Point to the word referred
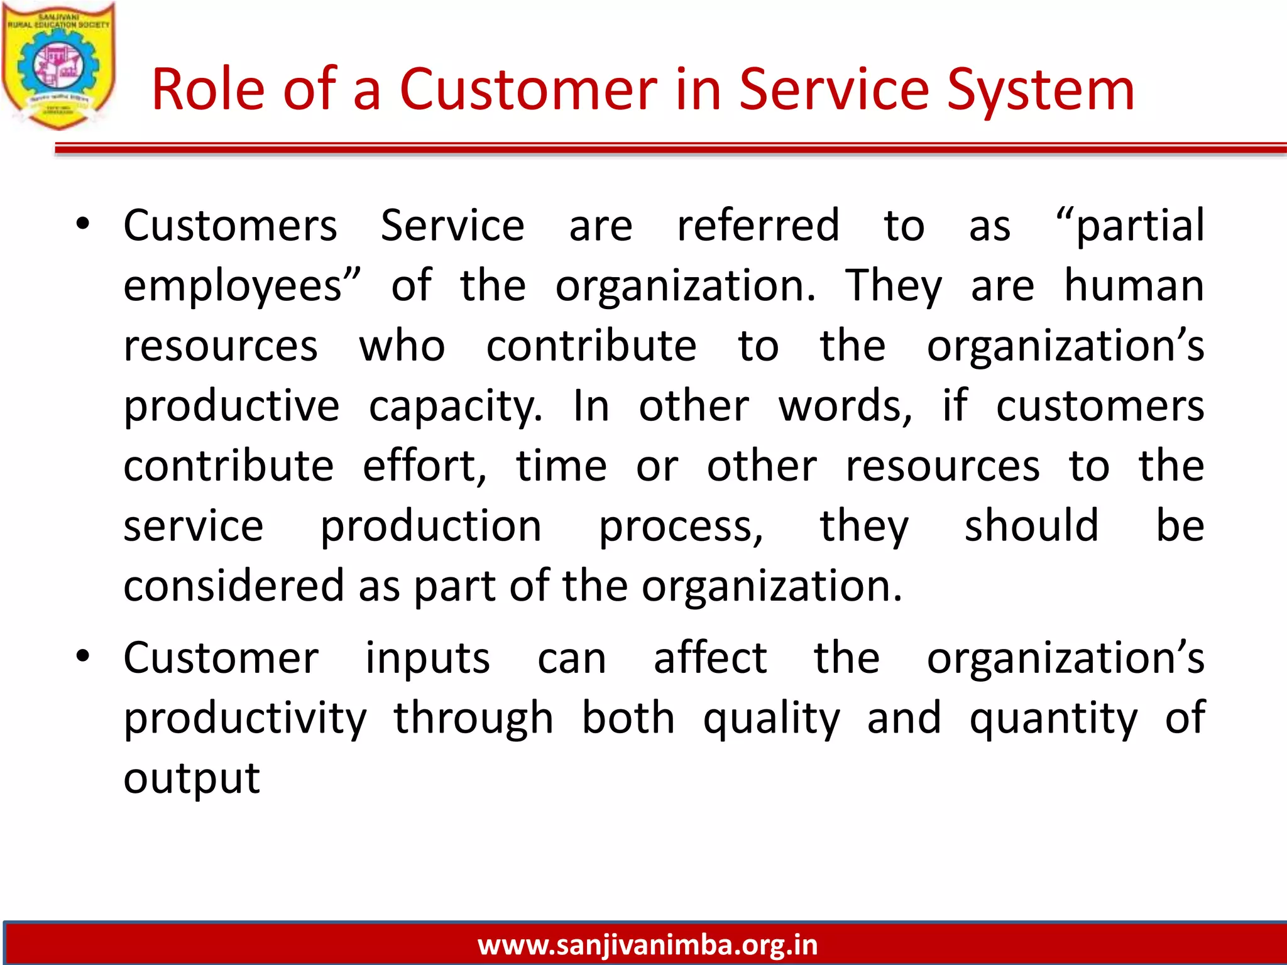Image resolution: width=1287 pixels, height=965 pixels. (x=758, y=225)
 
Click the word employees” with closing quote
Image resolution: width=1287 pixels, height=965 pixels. (x=243, y=286)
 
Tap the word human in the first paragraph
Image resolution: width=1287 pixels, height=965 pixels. (x=1134, y=285)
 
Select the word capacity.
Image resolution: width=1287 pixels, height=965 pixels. (x=455, y=406)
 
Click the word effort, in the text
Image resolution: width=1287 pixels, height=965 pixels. (x=425, y=466)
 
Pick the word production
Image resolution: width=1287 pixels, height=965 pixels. (x=430, y=526)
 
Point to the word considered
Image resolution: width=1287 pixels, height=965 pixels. (x=233, y=586)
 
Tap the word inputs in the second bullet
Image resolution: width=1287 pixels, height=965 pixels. (x=427, y=658)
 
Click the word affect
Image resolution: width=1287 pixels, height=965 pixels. (x=710, y=658)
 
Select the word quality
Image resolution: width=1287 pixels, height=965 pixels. (x=771, y=718)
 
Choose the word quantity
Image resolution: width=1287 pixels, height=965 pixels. (x=1053, y=718)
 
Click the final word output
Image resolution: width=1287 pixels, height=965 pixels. (x=192, y=778)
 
